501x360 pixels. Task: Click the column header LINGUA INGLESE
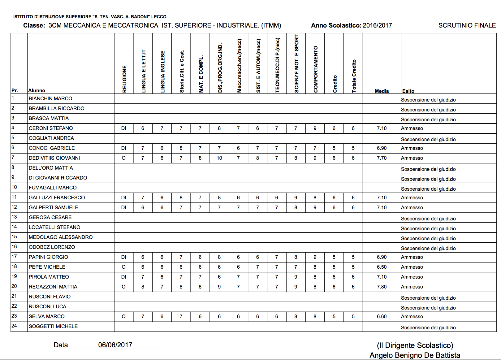point(162,72)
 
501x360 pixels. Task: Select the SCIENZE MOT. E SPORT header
point(296,64)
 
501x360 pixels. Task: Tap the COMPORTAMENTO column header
point(315,69)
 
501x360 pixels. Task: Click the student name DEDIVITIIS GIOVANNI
point(54,158)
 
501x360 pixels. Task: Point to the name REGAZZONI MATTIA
point(53,287)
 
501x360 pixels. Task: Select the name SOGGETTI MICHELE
point(53,326)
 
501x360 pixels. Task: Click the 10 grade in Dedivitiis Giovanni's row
point(219,158)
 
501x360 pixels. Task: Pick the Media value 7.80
point(382,287)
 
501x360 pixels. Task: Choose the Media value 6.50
point(382,267)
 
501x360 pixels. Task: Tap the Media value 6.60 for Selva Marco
point(382,316)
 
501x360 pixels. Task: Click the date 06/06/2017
point(115,345)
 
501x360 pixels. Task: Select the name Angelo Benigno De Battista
point(415,355)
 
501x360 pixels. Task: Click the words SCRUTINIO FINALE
point(467,25)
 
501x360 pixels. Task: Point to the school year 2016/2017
point(377,25)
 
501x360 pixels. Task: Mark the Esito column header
point(408,91)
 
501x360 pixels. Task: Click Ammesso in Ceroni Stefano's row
point(412,128)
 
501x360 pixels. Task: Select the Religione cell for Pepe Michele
point(123,267)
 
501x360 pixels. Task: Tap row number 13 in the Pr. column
point(14,217)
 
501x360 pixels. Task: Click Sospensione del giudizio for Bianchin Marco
point(428,100)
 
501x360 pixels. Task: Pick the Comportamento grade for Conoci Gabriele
point(315,148)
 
